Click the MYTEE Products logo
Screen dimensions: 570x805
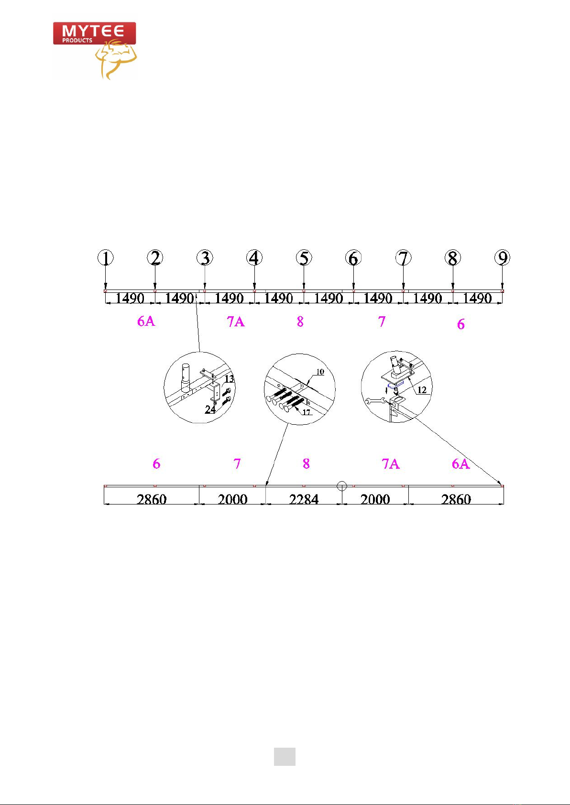coord(95,50)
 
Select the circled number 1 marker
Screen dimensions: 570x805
coord(105,258)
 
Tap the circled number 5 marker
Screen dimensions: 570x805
coord(304,258)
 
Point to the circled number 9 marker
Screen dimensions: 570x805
coord(503,258)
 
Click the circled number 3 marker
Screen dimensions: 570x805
coord(205,258)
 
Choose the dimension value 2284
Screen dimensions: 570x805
coord(304,499)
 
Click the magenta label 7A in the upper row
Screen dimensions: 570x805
coord(236,322)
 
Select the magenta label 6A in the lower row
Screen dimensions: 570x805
coord(460,463)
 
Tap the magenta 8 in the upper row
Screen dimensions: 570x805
coord(300,322)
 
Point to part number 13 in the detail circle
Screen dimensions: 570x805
coord(230,379)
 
